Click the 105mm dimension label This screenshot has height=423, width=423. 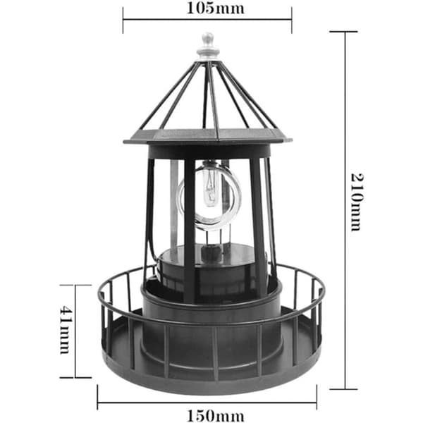(x=215, y=8)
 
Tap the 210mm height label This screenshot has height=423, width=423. (x=357, y=202)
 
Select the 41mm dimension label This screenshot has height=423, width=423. (x=66, y=330)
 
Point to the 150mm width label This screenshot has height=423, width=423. (x=215, y=416)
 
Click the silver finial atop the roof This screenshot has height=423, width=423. (x=208, y=47)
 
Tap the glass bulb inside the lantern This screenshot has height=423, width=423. (x=210, y=185)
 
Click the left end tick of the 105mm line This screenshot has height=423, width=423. (x=123, y=20)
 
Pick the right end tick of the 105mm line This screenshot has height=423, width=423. (x=292, y=20)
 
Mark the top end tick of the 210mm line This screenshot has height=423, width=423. (x=343, y=32)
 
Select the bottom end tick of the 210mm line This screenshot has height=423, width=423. (x=343, y=389)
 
